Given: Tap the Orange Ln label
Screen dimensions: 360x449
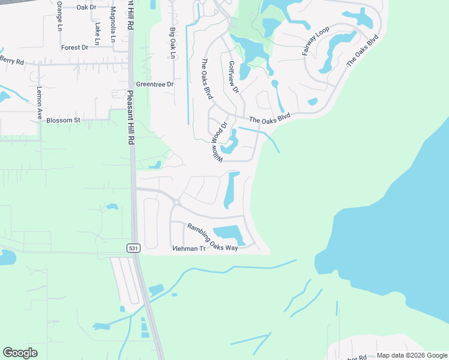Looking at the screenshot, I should tap(59, 16).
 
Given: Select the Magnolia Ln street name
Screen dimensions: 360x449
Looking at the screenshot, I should tap(113, 24).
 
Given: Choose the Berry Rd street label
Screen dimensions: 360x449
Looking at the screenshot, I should tap(11, 61).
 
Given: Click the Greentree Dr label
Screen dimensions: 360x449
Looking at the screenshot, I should tap(154, 85).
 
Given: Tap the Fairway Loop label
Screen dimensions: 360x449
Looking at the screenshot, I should tap(312, 41).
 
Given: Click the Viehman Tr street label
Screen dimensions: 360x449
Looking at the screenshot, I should tap(188, 248).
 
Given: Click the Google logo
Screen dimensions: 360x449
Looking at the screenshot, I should tap(20, 353).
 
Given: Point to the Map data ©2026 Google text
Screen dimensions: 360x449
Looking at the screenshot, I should tap(412, 355).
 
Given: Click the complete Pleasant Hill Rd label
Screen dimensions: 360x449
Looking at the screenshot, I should tap(130, 117).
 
